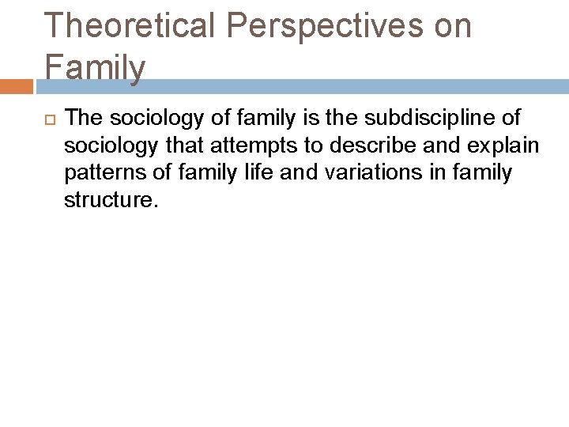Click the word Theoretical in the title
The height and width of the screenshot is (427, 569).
click(130, 25)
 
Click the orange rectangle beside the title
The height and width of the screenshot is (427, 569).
click(16, 85)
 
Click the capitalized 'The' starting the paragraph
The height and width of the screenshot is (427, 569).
click(85, 119)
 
